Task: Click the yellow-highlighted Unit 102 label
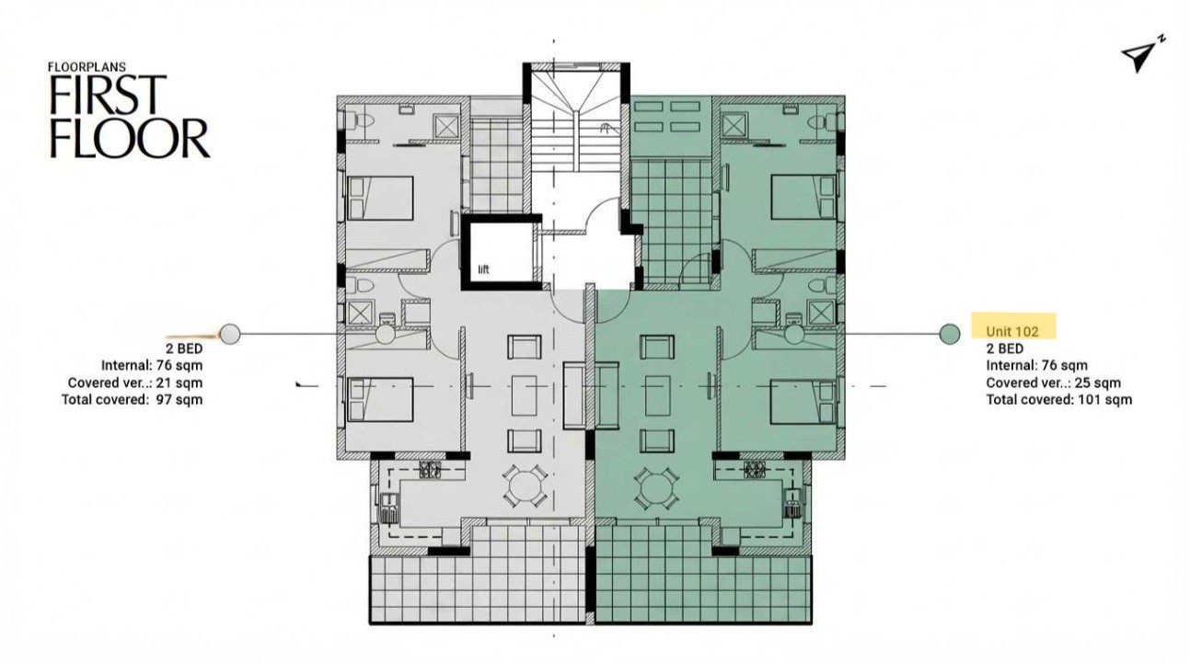coord(1012,331)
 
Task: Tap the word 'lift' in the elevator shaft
coord(483,269)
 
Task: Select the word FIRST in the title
coord(108,95)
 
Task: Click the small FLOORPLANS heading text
coord(87,67)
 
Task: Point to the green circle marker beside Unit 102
coord(950,334)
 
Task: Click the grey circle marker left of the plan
coord(230,334)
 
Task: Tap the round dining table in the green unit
coord(657,488)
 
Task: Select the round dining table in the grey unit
coord(525,486)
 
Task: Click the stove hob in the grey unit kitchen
coord(431,470)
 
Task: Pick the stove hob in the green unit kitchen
coord(755,470)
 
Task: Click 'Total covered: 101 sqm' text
coord(1058,399)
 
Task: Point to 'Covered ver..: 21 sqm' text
coord(135,383)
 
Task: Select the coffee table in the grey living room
coord(525,394)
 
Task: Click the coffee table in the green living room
coord(658,394)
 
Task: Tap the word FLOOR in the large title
coord(129,138)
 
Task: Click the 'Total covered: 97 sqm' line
coord(132,399)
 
